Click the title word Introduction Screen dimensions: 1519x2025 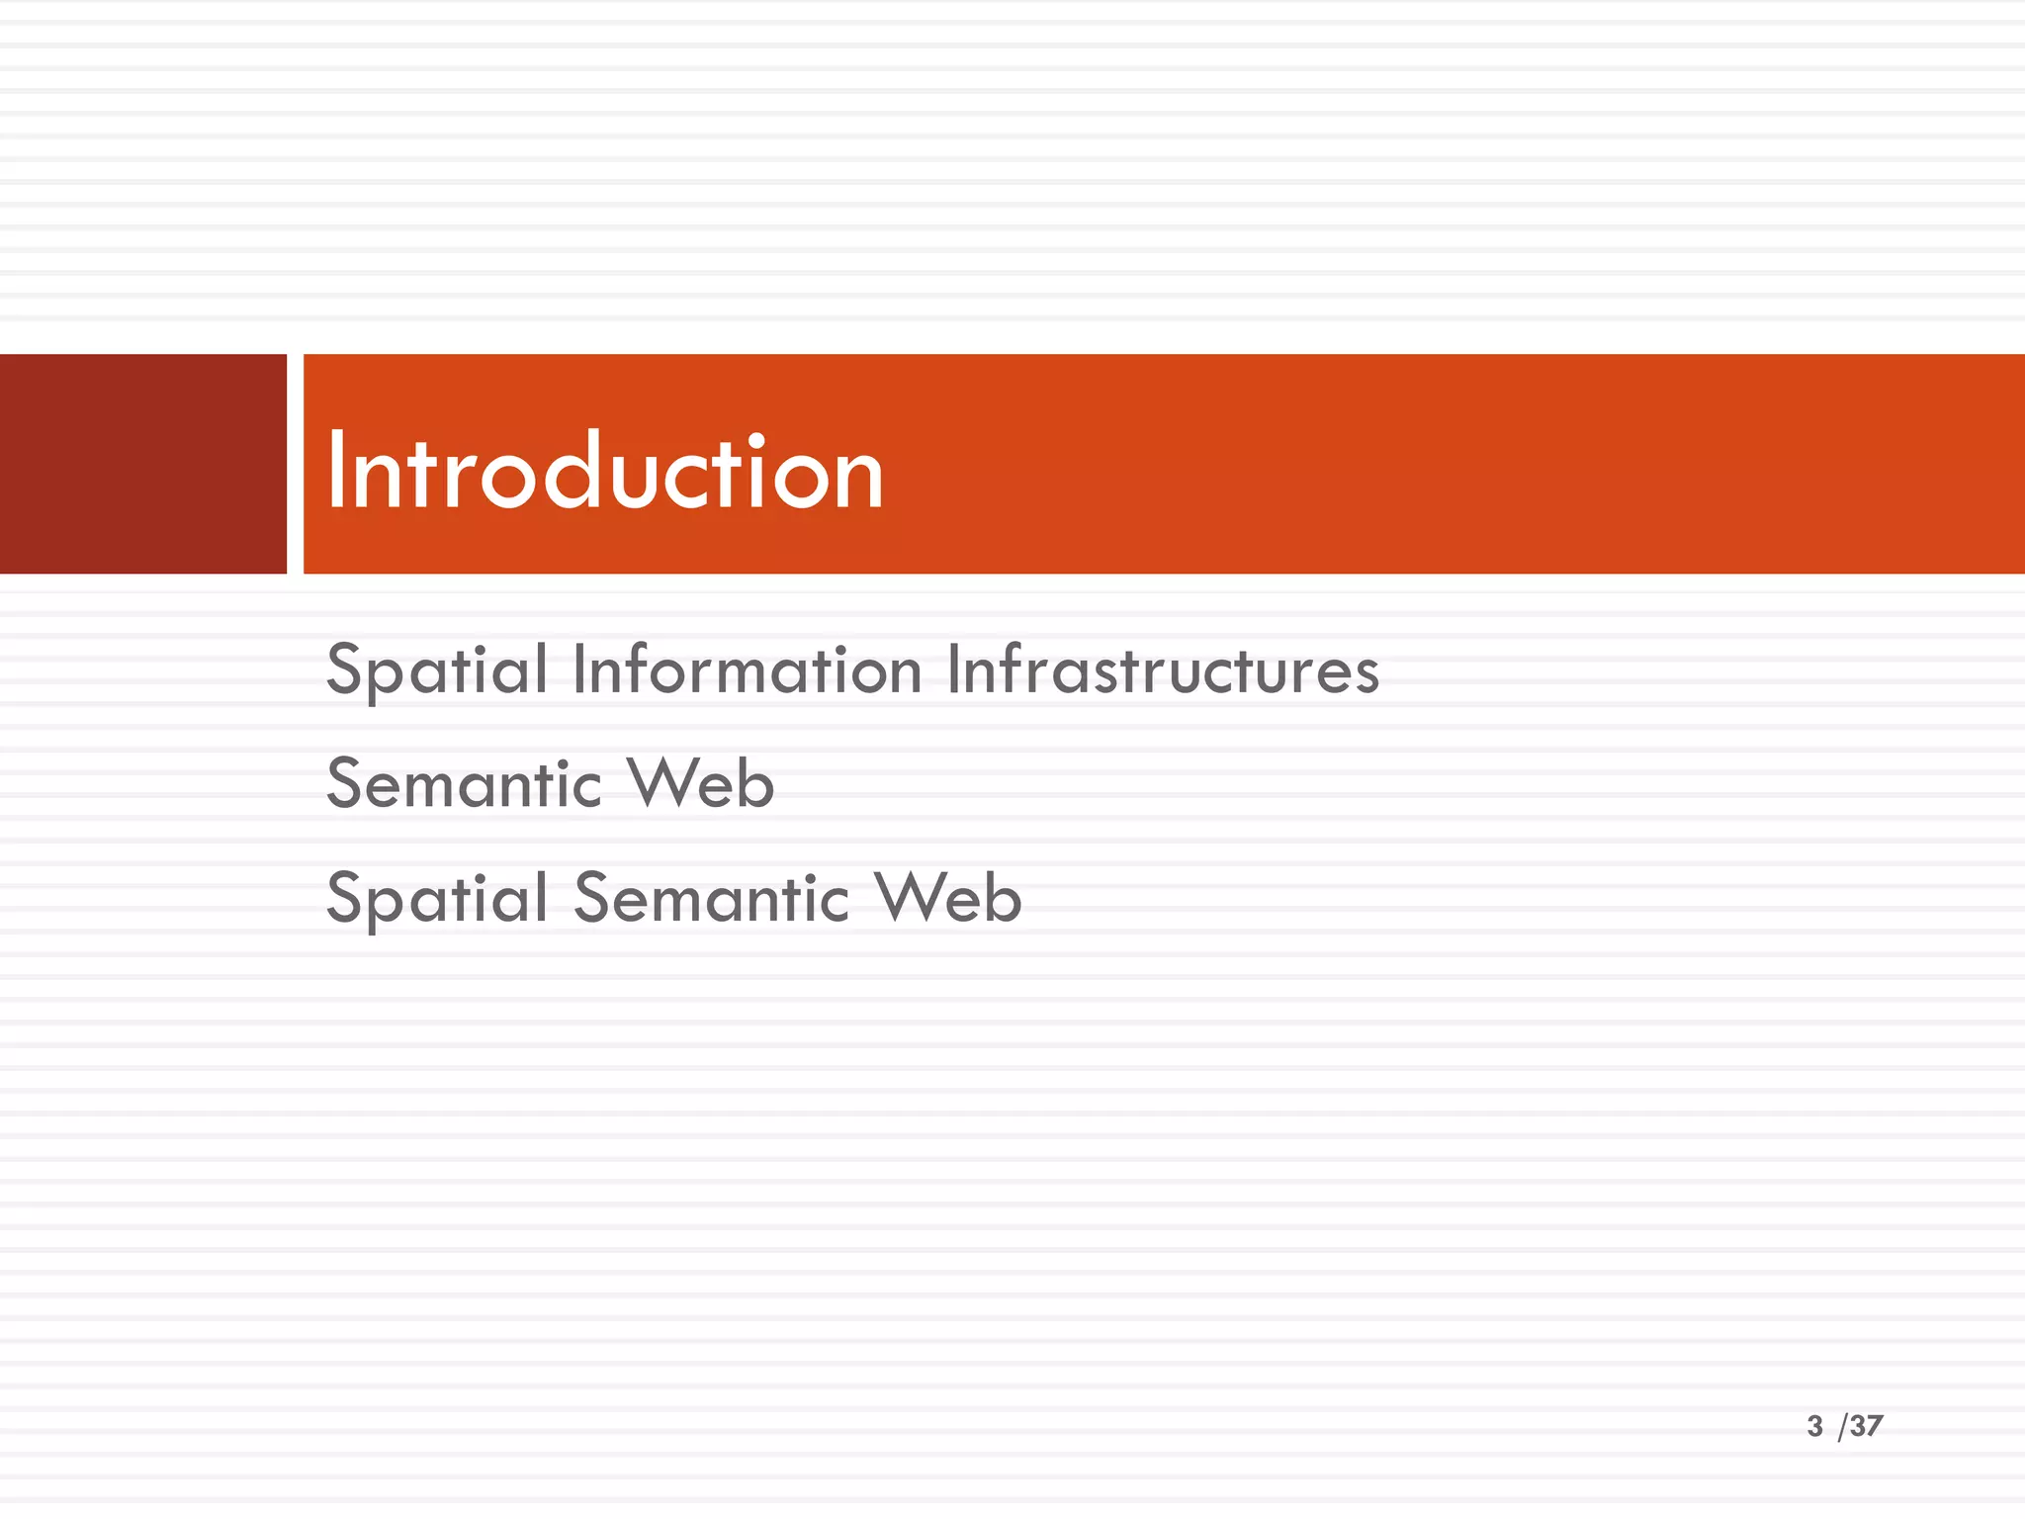(604, 473)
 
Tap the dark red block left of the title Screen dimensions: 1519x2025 (142, 464)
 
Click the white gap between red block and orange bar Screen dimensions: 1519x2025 (295, 464)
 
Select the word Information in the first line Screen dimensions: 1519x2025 (748, 670)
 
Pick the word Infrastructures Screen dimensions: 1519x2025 (1163, 670)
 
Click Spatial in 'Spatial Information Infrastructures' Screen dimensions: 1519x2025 (437, 672)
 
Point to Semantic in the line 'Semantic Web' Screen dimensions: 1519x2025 (464, 784)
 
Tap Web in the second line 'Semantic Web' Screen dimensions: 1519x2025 (701, 784)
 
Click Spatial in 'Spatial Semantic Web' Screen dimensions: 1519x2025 (437, 900)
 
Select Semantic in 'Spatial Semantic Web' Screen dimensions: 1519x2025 (711, 899)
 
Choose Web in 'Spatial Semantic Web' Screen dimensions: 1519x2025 (948, 899)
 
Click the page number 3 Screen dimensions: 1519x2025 (1814, 1426)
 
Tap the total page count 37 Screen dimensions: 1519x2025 (1867, 1426)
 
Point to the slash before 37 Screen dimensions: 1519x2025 (1842, 1427)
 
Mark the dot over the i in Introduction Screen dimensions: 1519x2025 (756, 438)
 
